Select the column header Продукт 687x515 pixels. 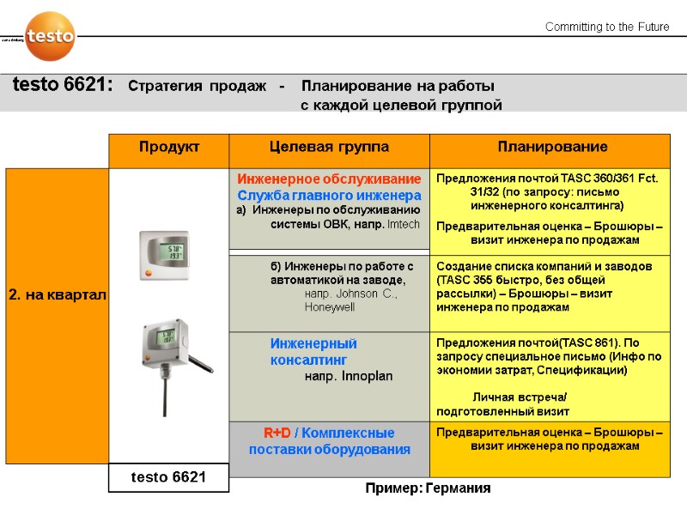pyautogui.click(x=169, y=148)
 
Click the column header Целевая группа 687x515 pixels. pyautogui.click(x=329, y=148)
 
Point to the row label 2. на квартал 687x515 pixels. pyautogui.click(x=57, y=295)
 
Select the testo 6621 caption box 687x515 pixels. pyautogui.click(x=168, y=477)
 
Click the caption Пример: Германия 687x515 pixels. pyautogui.click(x=428, y=488)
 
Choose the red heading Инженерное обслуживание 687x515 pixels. pyautogui.click(x=329, y=179)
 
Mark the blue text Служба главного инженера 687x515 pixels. pyautogui.click(x=329, y=196)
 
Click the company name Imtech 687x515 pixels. pyautogui.click(x=404, y=225)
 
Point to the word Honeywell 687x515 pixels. pyautogui.click(x=329, y=307)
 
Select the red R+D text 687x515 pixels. pyautogui.click(x=277, y=433)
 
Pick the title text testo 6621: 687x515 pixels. pyautogui.click(x=63, y=86)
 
